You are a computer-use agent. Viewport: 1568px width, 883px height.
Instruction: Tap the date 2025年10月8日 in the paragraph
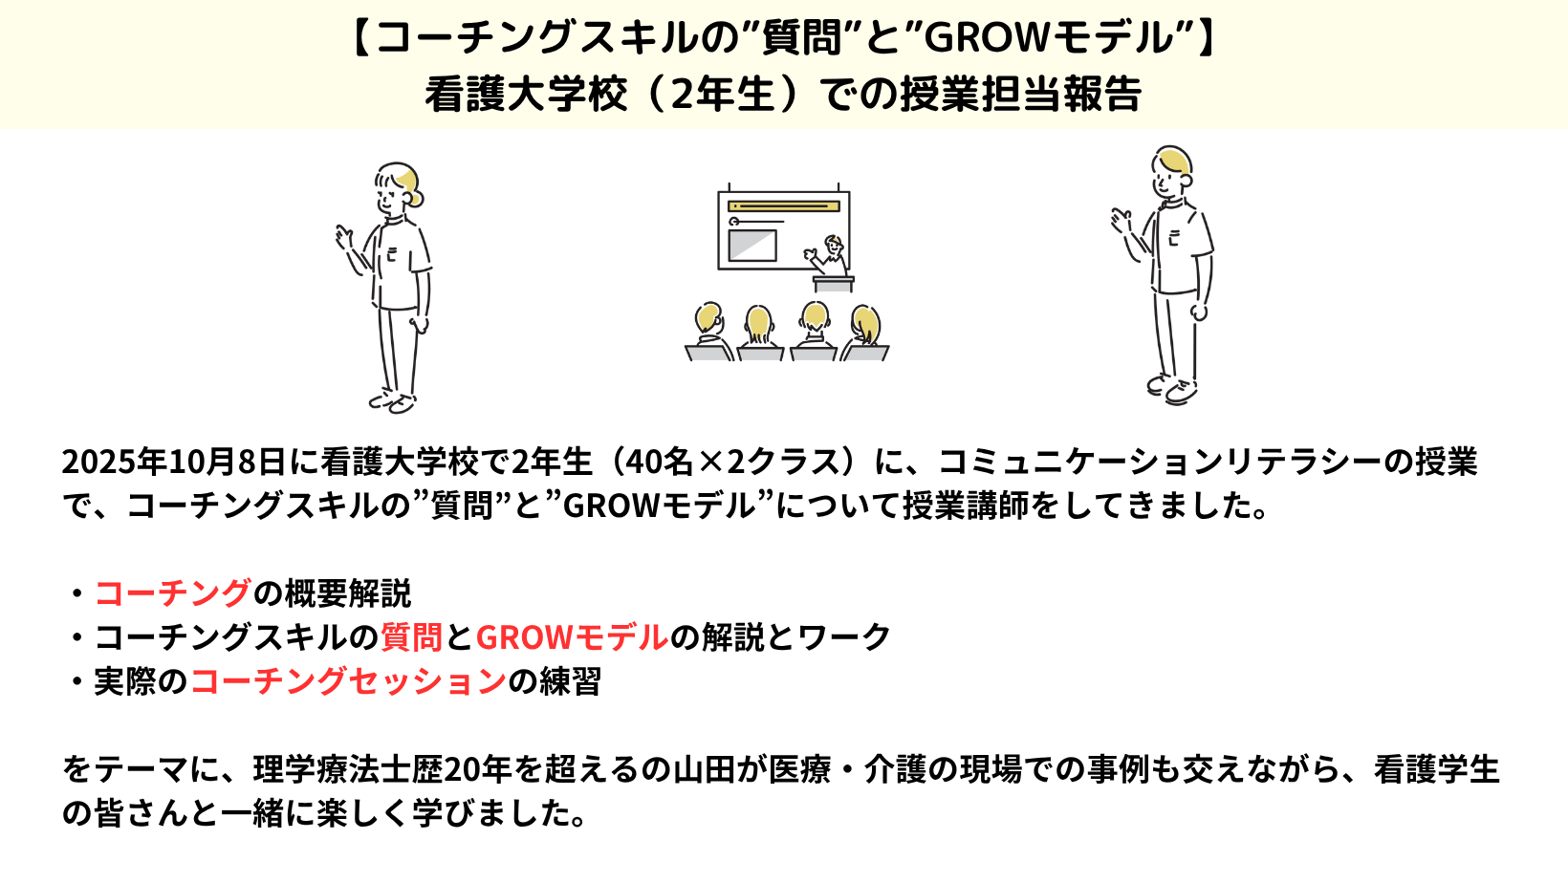(x=174, y=462)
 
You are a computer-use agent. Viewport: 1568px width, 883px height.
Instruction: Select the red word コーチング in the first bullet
(x=172, y=593)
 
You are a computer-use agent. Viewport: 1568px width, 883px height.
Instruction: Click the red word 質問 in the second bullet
(x=411, y=637)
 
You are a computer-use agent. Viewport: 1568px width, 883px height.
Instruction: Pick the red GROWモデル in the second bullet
(x=572, y=637)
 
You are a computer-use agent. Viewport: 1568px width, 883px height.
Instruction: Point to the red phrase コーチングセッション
(x=348, y=680)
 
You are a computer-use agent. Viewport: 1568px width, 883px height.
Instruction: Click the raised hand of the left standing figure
(x=343, y=236)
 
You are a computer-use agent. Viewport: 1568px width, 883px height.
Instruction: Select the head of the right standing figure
(x=1170, y=171)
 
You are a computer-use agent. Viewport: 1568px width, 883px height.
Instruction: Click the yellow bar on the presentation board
(x=783, y=206)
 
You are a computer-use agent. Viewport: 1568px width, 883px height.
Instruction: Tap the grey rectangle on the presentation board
(x=752, y=246)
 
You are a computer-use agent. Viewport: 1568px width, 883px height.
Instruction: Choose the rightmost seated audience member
(x=865, y=334)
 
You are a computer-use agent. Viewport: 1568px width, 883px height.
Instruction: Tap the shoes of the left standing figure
(x=393, y=401)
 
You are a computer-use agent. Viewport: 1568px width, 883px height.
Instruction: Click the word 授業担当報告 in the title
(x=1020, y=94)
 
